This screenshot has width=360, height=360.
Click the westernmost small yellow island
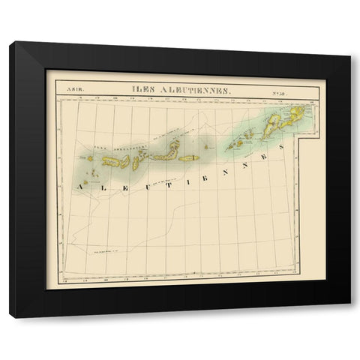90,158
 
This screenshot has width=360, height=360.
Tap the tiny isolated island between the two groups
210,148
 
